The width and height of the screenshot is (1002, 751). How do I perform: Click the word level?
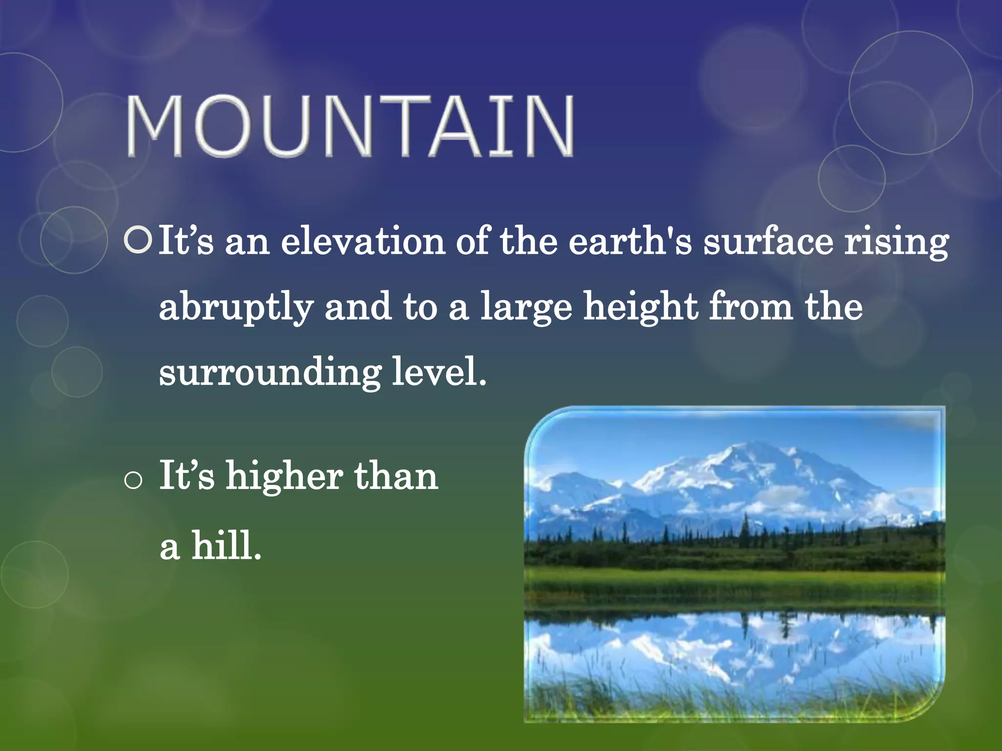[x=439, y=372]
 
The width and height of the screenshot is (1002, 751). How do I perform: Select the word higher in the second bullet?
[x=284, y=477]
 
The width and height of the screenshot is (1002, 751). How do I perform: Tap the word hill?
[x=226, y=546]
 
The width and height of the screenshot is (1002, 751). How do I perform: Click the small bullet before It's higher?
[x=133, y=481]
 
